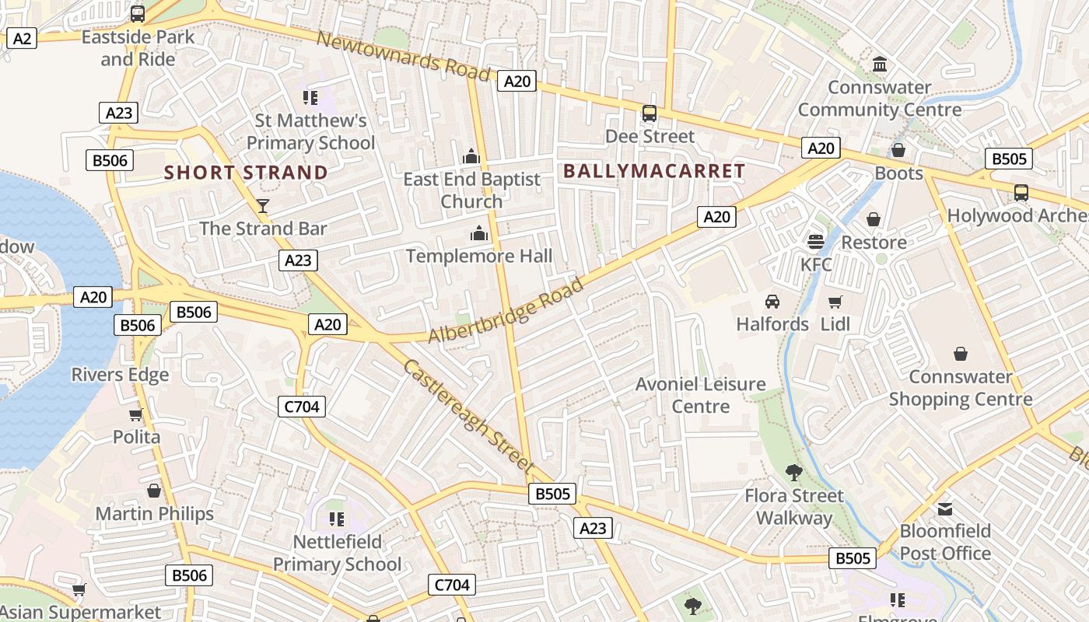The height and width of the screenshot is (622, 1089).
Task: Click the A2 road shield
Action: pyautogui.click(x=22, y=37)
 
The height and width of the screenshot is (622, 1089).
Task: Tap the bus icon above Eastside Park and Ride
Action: pyautogui.click(x=138, y=13)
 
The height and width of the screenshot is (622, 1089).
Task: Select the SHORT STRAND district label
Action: pyautogui.click(x=246, y=173)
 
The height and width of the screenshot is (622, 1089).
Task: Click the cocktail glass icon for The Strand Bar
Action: pyautogui.click(x=263, y=205)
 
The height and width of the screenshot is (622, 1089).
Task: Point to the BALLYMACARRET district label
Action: pyautogui.click(x=653, y=171)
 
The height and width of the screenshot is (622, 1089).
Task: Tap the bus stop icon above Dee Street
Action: pyautogui.click(x=650, y=114)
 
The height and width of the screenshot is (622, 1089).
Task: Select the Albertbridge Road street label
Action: pyautogui.click(x=506, y=310)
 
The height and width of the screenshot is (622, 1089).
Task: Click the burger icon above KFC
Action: pyautogui.click(x=815, y=241)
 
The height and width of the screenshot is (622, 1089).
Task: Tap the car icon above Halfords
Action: pyautogui.click(x=772, y=301)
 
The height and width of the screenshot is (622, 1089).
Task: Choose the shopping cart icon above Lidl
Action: pyautogui.click(x=835, y=301)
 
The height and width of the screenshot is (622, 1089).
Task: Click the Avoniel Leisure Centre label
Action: pyautogui.click(x=701, y=395)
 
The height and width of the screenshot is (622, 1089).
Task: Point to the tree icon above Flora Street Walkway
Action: pyautogui.click(x=794, y=472)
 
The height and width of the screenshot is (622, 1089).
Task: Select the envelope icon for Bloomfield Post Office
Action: pyautogui.click(x=945, y=509)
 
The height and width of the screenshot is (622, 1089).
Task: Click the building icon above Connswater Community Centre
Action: pyautogui.click(x=880, y=64)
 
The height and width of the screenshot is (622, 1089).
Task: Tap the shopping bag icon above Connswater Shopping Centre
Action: pyautogui.click(x=961, y=355)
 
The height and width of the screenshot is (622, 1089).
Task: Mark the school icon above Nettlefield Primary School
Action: pyautogui.click(x=337, y=519)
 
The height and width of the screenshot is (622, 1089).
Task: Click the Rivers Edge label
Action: pyautogui.click(x=120, y=375)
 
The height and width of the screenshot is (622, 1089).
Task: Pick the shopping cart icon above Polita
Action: pyautogui.click(x=136, y=414)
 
